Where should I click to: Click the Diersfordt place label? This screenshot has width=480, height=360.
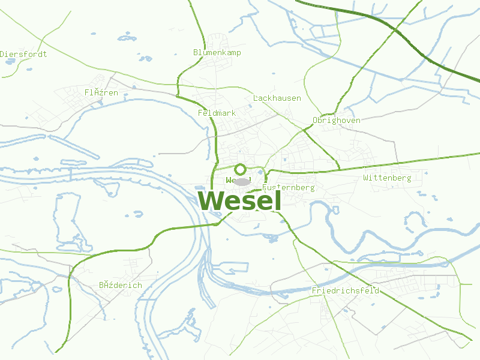pyautogui.click(x=23, y=54)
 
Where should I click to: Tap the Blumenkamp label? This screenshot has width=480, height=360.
pyautogui.click(x=217, y=53)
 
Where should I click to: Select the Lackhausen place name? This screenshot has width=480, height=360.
pyautogui.click(x=277, y=98)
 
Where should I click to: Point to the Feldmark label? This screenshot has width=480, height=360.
pyautogui.click(x=217, y=113)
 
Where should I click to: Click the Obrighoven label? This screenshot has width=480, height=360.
pyautogui.click(x=336, y=121)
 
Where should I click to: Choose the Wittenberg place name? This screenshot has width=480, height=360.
pyautogui.click(x=387, y=178)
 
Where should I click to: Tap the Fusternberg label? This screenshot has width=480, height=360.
pyautogui.click(x=289, y=188)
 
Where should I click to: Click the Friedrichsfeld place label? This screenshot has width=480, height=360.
pyautogui.click(x=345, y=291)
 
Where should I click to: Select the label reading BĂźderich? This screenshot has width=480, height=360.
pyautogui.click(x=121, y=285)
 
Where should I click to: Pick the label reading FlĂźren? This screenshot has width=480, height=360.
pyautogui.click(x=101, y=92)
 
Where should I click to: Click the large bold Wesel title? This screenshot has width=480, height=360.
pyautogui.click(x=239, y=200)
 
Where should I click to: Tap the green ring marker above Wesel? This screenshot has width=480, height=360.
pyautogui.click(x=240, y=170)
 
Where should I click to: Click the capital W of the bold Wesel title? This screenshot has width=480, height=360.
pyautogui.click(x=211, y=200)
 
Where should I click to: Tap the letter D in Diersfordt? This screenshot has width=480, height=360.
pyautogui.click(x=2, y=54)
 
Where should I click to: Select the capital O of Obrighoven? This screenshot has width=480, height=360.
pyautogui.click(x=315, y=121)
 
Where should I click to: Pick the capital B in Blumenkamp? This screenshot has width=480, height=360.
pyautogui.click(x=196, y=53)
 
